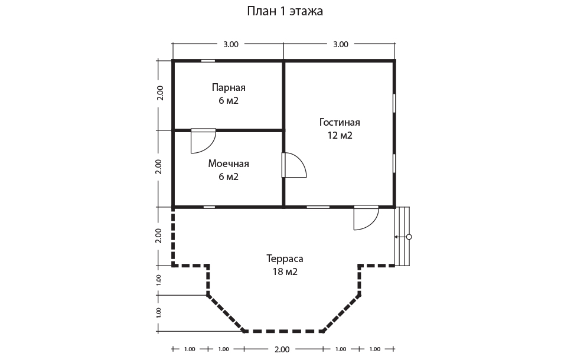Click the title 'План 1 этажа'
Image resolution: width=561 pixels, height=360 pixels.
coord(285,11)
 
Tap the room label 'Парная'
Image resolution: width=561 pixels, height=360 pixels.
coord(229,87)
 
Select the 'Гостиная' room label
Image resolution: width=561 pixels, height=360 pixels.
coord(340,122)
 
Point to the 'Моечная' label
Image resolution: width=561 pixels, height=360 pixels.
coord(229,163)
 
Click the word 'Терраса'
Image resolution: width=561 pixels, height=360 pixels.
coord(285,258)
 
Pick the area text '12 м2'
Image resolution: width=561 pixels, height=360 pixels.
coord(340,136)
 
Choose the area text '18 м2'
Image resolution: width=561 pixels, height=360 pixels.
coord(285,271)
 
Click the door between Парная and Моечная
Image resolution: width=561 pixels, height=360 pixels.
coord(203,141)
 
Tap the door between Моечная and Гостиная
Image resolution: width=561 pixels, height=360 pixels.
coord(294,165)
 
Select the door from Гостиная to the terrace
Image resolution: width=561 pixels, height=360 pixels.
coord(366,217)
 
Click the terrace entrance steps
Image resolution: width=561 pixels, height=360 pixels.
coord(402,236)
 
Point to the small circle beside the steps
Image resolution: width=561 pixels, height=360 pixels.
coord(409,237)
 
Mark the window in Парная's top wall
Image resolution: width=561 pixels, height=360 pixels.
coord(208,61)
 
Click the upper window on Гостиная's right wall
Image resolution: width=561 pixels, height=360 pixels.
coord(394,103)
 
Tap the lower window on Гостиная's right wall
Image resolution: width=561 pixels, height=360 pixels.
coord(394,163)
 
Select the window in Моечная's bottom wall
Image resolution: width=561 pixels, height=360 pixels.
coord(209,207)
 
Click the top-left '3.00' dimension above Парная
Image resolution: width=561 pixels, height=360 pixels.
coord(231,44)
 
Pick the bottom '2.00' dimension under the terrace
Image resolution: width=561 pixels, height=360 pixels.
coord(282,349)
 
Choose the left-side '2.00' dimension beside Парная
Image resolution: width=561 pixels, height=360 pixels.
coord(160,93)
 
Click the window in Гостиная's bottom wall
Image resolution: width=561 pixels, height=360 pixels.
coord(318,207)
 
